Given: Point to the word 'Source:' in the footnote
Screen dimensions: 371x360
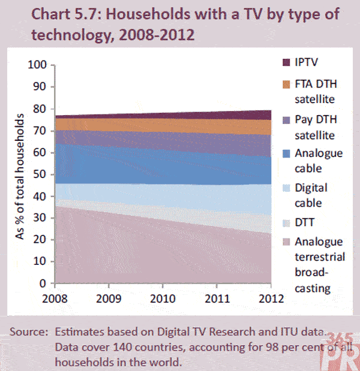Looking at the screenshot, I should point(29,331).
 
